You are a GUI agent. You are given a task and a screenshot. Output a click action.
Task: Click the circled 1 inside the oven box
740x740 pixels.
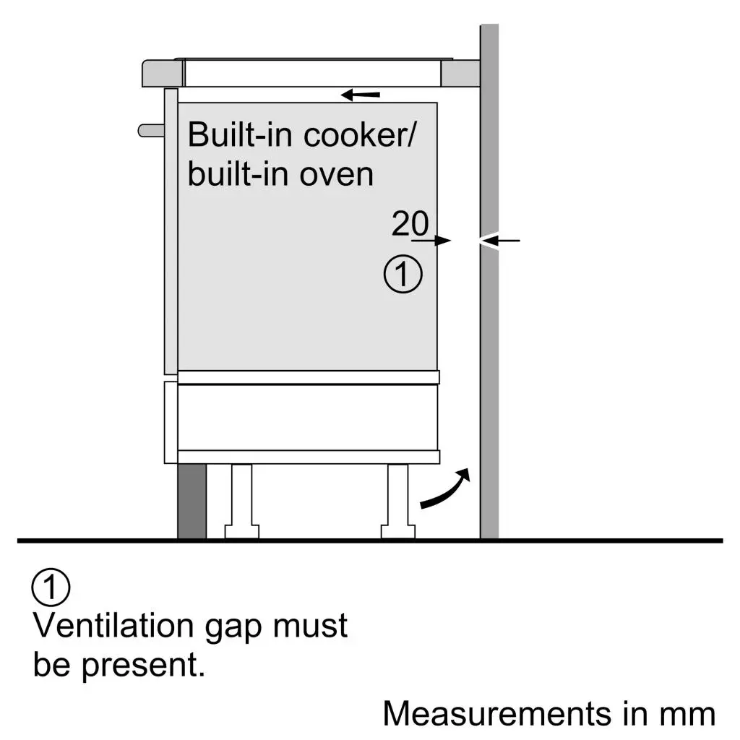click(x=403, y=275)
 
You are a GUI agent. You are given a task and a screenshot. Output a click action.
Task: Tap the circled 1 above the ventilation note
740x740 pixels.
click(x=51, y=588)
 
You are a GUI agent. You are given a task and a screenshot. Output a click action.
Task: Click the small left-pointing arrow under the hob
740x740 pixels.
click(x=361, y=95)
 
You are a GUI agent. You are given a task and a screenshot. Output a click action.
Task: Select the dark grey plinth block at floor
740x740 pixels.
click(x=192, y=501)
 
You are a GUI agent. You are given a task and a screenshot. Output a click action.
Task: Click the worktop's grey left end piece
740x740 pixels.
click(x=163, y=74)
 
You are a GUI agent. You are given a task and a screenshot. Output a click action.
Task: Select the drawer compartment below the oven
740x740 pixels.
click(x=307, y=417)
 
